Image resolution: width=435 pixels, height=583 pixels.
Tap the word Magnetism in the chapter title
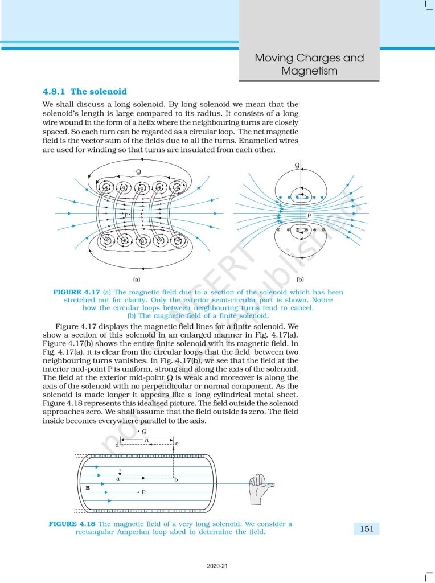[x=309, y=71]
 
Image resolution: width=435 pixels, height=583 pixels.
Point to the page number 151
[x=367, y=529]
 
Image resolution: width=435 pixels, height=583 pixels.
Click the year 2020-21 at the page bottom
[x=217, y=566]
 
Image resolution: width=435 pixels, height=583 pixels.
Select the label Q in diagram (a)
[x=138, y=171]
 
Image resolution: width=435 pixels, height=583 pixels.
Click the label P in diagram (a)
[x=126, y=215]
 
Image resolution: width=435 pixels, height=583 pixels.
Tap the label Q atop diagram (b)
[x=297, y=165]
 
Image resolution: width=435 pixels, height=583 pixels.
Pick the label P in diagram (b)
[x=310, y=216]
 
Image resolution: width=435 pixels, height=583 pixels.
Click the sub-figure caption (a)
[x=137, y=279]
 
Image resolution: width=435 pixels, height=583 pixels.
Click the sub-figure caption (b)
[x=300, y=279]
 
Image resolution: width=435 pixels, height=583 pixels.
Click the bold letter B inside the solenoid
[x=87, y=488]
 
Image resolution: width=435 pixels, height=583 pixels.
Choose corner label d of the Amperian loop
[x=117, y=444]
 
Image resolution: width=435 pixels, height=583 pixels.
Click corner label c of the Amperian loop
[x=177, y=443]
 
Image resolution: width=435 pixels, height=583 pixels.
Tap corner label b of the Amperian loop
[x=176, y=480]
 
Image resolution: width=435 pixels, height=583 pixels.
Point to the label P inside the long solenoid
[x=143, y=491]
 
